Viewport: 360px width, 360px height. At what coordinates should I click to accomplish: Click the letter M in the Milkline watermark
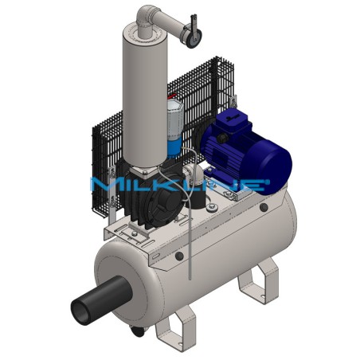coord(102,186)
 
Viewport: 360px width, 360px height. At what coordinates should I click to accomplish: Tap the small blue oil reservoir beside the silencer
coord(176,143)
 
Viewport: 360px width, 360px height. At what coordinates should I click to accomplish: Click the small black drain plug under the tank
coord(142,331)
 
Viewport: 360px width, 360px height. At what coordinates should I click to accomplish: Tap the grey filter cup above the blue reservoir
coord(176,112)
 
